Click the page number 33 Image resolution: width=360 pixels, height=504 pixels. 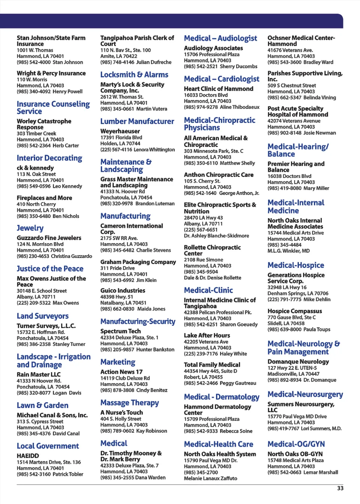tap(340, 488)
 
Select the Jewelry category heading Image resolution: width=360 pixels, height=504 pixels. tap(30, 228)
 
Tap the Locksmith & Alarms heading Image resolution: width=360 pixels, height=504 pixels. tap(134, 75)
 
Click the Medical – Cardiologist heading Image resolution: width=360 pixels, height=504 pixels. tap(221, 79)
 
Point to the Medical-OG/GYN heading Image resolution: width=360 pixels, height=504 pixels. tap(296, 444)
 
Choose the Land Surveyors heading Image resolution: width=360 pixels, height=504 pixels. tap(42, 316)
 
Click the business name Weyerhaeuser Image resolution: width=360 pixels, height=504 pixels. tap(120, 131)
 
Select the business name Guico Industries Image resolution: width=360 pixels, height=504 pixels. tap(123, 291)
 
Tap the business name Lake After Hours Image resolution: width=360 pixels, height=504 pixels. tap(207, 336)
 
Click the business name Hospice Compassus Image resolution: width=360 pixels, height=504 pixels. tap(294, 311)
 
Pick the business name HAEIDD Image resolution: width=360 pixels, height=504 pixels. tap(28, 456)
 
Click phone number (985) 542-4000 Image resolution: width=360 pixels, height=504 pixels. tap(33, 62)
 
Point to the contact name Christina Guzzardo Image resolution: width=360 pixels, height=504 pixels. tap(71, 256)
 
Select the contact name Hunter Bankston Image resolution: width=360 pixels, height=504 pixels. tap(155, 349)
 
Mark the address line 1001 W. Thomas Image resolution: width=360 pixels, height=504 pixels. tap(35, 50)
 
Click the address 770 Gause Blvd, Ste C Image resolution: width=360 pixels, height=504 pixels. tap(291, 317)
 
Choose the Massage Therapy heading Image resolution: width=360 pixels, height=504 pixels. tap(129, 403)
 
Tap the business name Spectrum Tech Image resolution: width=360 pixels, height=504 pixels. tap(120, 331)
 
